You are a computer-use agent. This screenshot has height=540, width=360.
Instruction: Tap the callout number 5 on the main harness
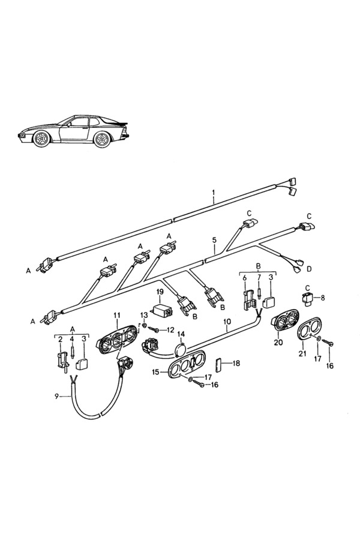214,240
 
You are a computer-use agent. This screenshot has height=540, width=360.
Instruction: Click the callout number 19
160,292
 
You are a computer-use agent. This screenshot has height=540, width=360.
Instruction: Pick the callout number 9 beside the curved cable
58,396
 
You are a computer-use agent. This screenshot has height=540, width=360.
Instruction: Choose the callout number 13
143,314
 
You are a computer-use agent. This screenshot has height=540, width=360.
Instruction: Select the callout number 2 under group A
60,339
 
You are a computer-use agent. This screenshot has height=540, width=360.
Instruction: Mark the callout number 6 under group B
244,278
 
